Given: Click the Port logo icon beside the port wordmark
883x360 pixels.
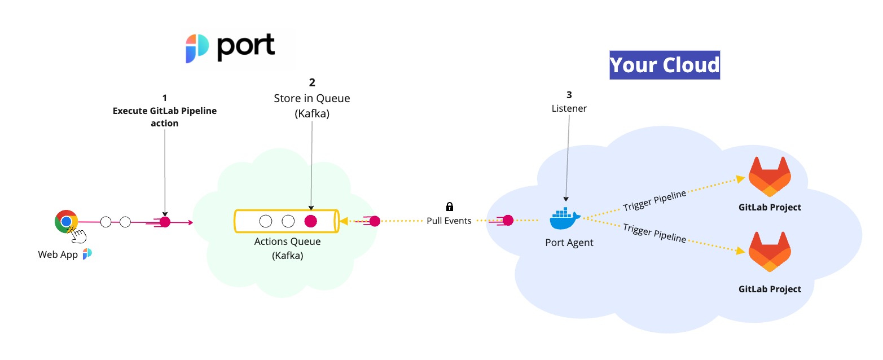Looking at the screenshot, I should point(197,48).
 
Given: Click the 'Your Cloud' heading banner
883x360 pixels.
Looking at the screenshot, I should point(664,65).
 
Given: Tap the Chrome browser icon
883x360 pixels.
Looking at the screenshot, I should point(66,221).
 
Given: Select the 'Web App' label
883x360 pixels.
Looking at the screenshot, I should point(58,254).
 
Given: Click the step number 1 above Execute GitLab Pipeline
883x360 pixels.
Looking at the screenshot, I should point(164,98).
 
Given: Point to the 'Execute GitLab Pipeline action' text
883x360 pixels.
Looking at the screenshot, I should point(164,117).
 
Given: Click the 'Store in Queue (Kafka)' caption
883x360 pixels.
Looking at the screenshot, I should point(311,104).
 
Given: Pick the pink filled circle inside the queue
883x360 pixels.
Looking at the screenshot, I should point(310,221).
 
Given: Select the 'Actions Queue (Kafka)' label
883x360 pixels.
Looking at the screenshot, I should point(287,248).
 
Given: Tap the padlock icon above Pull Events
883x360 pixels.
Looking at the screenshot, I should point(449,207).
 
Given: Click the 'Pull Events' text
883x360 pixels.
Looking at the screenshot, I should point(449,221).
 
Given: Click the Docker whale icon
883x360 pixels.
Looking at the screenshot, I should point(565,218).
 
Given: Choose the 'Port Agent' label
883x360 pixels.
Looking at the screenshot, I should point(569,243).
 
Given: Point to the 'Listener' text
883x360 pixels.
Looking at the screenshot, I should point(569,108).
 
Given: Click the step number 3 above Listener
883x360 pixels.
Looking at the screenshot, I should point(569,95).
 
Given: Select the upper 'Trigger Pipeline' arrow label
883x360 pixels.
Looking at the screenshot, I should point(654,200).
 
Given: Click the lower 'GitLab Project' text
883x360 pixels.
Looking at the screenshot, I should point(770,289).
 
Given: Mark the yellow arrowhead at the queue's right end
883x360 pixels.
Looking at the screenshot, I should point(343,221).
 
